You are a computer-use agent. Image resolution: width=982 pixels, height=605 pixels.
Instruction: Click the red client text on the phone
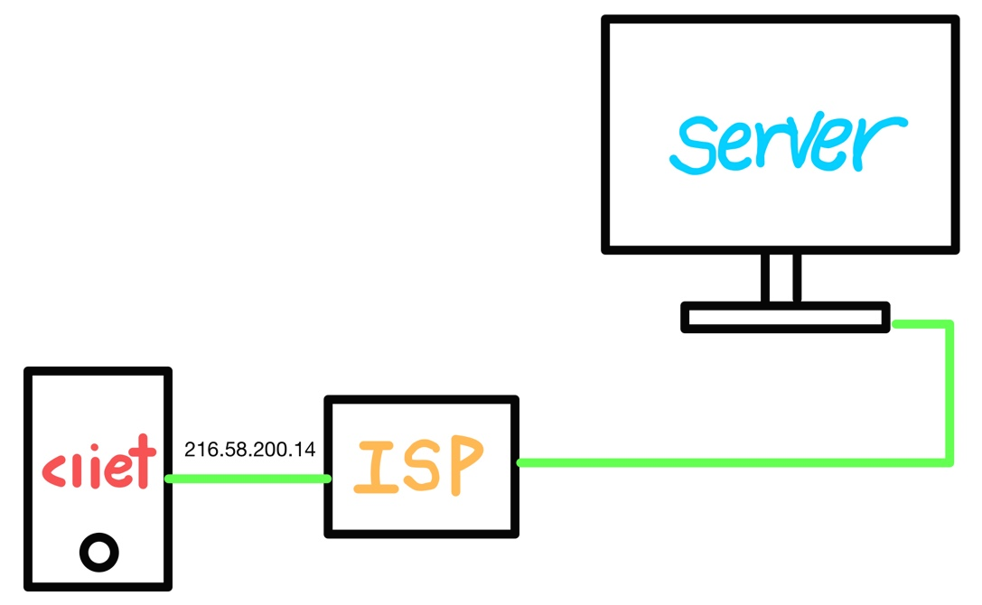point(98,469)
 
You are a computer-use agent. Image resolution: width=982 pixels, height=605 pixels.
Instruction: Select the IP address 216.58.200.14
point(249,450)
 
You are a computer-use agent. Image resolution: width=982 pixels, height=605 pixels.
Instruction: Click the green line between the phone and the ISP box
point(248,479)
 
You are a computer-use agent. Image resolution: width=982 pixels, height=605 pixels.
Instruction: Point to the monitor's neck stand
point(781,277)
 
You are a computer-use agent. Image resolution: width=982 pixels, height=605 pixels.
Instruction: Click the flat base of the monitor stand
point(784,317)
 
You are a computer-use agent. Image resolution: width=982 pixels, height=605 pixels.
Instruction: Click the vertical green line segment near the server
point(949,393)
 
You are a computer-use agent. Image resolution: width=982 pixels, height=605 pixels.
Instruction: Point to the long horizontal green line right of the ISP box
point(732,462)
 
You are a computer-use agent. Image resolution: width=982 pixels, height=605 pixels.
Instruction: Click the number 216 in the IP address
point(198,450)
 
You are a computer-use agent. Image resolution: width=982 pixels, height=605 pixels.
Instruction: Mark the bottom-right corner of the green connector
point(949,462)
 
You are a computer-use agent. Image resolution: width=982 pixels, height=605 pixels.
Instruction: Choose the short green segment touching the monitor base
point(920,323)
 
